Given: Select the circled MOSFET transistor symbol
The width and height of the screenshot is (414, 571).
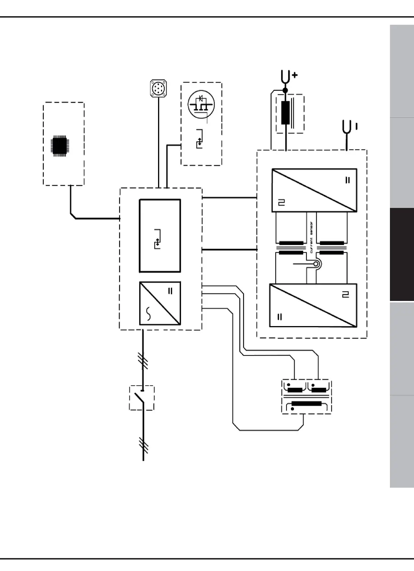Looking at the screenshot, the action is click(x=201, y=104).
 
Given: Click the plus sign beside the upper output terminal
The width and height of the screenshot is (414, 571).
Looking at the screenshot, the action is click(x=295, y=75).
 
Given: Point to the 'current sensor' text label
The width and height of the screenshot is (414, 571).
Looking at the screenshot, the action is click(x=311, y=237).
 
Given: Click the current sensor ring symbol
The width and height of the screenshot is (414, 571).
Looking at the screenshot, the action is click(x=316, y=265).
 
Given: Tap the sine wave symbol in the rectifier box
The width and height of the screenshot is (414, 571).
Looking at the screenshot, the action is click(x=149, y=314).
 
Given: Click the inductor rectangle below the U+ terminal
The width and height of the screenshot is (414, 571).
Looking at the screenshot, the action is click(x=286, y=113).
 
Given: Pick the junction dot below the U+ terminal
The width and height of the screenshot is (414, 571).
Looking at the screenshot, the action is click(x=286, y=90).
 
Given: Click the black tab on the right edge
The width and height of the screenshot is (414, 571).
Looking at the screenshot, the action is click(x=402, y=255).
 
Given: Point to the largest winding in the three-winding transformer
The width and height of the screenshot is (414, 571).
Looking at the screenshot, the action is click(x=307, y=404).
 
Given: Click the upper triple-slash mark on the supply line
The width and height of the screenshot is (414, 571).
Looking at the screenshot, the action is click(x=143, y=361).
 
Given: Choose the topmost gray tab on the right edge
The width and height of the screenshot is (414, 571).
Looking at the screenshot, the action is click(x=402, y=71).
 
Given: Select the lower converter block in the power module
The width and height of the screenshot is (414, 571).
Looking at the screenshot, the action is click(x=313, y=306).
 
